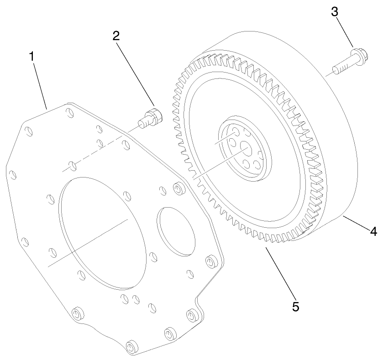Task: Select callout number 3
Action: pyautogui.click(x=335, y=12)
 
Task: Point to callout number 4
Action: pyautogui.click(x=373, y=232)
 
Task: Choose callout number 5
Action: pyautogui.click(x=296, y=307)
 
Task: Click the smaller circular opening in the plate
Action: pyautogui.click(x=176, y=230)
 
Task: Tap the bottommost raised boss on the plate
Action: pyautogui.click(x=132, y=346)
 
